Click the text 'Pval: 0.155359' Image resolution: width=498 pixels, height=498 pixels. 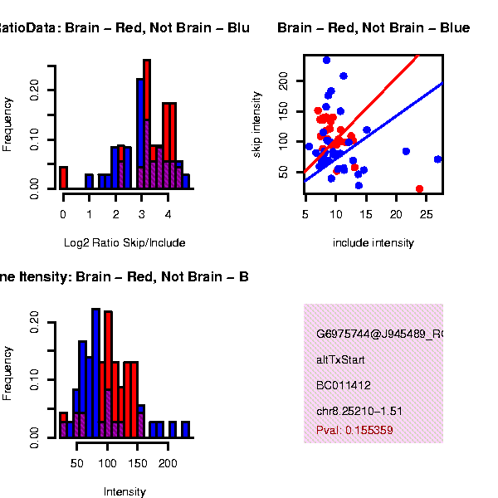tap(354, 431)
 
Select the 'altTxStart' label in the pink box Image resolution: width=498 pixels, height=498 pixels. tap(340, 360)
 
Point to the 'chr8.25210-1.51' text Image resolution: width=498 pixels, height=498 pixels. tap(359, 411)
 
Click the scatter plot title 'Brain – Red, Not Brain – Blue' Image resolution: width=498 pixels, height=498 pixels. tap(373, 28)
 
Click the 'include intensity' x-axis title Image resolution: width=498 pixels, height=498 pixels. tap(373, 243)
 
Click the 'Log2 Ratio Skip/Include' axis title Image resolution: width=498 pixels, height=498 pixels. tap(124, 243)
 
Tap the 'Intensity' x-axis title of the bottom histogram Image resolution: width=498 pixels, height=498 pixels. tap(124, 491)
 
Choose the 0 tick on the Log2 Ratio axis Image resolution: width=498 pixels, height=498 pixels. tap(63, 214)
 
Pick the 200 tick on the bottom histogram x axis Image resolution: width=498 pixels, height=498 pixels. tap(168, 462)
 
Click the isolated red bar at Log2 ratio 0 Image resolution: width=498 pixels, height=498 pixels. tap(63, 178)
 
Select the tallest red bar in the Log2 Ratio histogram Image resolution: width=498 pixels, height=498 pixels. tap(147, 124)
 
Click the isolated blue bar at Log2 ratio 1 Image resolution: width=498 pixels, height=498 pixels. tap(89, 181)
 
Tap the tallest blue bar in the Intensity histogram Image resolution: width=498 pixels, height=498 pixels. tap(95, 373)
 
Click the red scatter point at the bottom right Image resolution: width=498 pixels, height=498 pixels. tap(419, 189)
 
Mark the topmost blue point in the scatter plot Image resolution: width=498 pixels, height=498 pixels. tap(326, 60)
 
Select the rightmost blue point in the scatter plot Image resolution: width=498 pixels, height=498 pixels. tap(437, 159)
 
